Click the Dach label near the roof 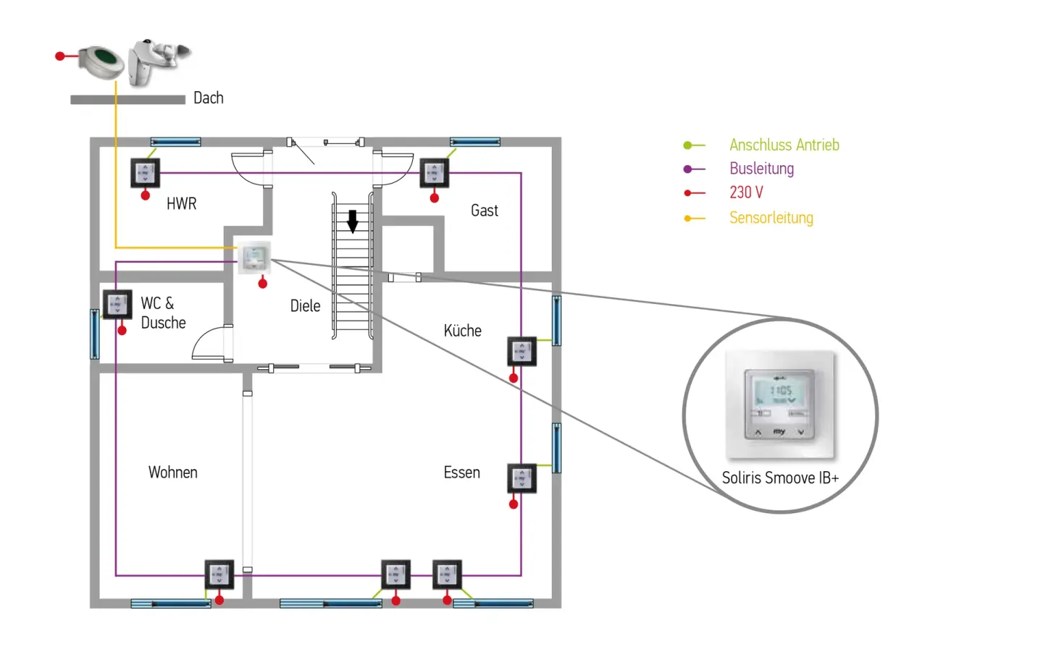[208, 98]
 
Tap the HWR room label [181, 204]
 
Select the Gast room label [485, 211]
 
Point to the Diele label [305, 306]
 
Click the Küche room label [462, 331]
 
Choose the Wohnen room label [172, 473]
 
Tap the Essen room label [461, 473]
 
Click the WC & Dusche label [163, 313]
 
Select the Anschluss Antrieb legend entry [784, 145]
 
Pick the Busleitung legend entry [761, 169]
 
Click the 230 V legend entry [746, 192]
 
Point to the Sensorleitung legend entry [771, 218]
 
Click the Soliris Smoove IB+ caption [780, 478]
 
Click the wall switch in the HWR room [145, 174]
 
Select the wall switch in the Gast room [434, 174]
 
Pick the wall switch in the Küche [521, 352]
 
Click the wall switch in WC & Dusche [117, 305]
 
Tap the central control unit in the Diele [254, 258]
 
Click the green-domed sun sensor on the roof [102, 61]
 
